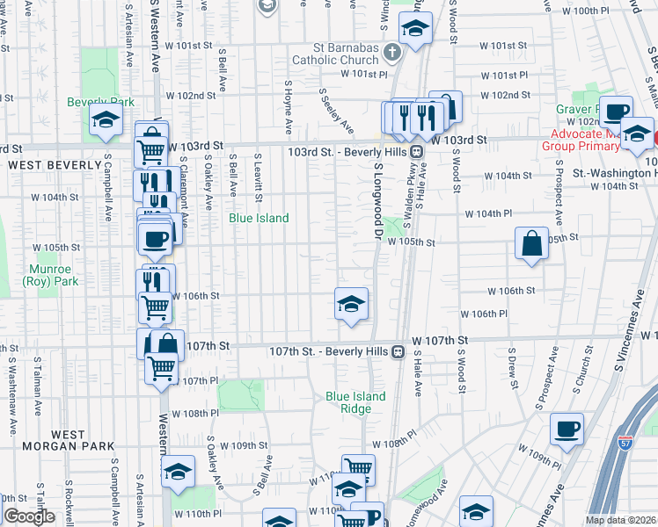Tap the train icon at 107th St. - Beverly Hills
click(398, 351)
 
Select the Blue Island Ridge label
click(355, 402)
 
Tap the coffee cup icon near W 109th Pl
click(567, 429)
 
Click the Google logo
click(29, 516)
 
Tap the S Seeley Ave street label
click(337, 110)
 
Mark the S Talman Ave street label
click(39, 379)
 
